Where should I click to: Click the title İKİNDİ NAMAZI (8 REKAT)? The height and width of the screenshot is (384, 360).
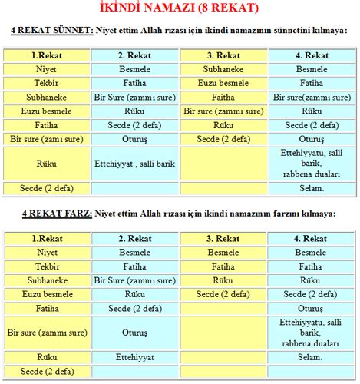tap(180, 8)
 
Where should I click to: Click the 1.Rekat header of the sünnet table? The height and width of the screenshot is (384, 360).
tap(46, 56)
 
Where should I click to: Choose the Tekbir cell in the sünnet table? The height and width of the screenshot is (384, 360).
tap(46, 83)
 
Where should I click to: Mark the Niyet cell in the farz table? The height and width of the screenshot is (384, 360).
tap(46, 252)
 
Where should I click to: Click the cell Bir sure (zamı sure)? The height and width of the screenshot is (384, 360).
tap(46, 138)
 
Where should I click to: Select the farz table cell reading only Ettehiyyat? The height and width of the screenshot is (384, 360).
tap(135, 357)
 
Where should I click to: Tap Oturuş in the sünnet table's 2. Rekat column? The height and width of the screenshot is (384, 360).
tap(135, 138)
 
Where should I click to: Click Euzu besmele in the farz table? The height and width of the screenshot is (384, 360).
tap(46, 293)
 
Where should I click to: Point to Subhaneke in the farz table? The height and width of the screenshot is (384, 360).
tap(46, 280)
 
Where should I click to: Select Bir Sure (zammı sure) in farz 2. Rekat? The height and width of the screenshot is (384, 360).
tap(135, 280)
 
